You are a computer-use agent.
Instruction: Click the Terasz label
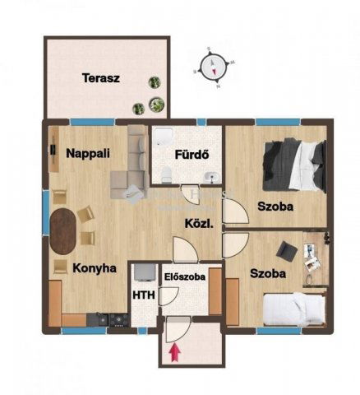tap(101, 79)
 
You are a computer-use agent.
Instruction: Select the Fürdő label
tap(189, 155)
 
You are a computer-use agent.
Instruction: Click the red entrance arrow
tap(174, 352)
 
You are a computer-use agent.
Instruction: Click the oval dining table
tap(64, 230)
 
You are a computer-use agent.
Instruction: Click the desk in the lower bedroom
tap(314, 256)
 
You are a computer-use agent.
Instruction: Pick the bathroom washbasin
tap(212, 174)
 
